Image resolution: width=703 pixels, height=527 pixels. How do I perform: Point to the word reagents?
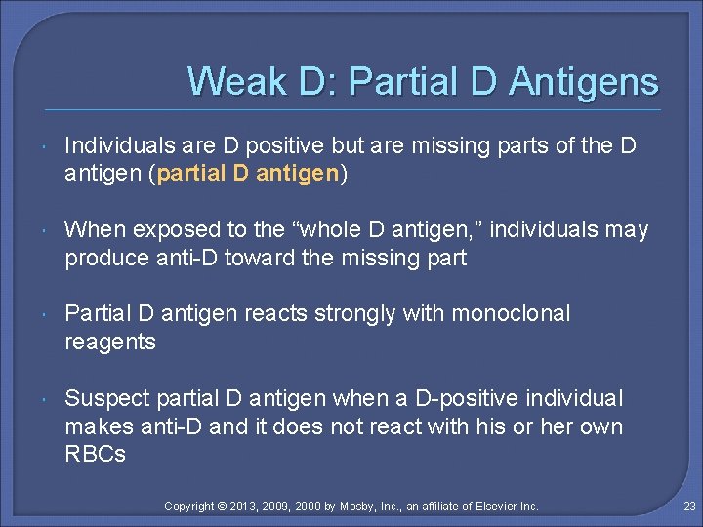point(110,342)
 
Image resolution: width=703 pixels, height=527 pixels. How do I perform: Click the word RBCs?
point(95,454)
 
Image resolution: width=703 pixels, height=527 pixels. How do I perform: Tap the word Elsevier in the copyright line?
point(492,506)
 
